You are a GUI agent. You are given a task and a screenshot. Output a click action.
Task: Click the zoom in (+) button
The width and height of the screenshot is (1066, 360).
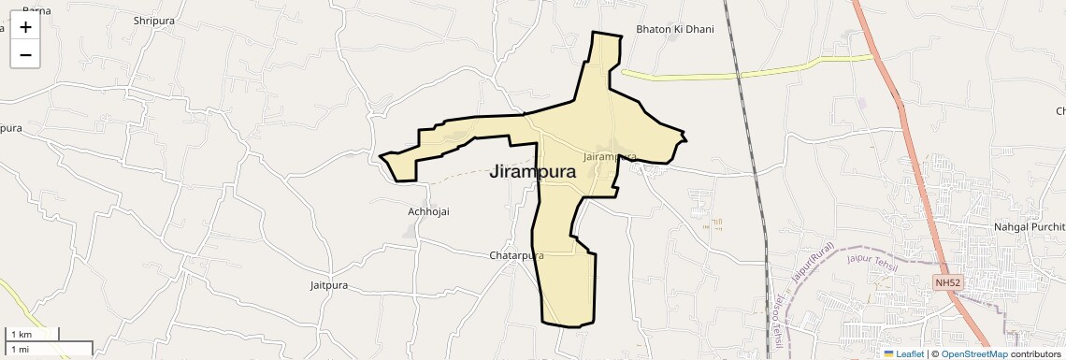25,27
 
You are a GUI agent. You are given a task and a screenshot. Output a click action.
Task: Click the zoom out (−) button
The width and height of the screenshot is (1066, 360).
25,55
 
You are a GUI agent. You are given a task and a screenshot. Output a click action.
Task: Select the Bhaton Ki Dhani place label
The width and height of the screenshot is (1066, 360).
674,29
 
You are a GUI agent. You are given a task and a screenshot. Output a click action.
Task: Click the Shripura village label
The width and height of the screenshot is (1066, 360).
154,21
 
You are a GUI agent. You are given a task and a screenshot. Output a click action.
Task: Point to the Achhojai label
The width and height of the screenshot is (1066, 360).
428,211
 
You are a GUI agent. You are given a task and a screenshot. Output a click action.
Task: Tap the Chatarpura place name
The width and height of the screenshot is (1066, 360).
516,255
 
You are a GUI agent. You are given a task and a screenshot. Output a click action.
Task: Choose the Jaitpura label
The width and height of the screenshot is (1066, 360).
333,284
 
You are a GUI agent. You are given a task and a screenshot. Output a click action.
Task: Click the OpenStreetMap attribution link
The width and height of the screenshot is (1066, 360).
974,353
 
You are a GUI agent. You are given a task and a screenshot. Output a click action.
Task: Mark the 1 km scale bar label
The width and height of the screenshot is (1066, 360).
21,335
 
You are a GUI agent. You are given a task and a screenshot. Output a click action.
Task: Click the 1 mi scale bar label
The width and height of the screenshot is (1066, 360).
20,349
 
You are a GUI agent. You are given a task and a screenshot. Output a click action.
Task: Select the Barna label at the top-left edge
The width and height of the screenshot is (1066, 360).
36,10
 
